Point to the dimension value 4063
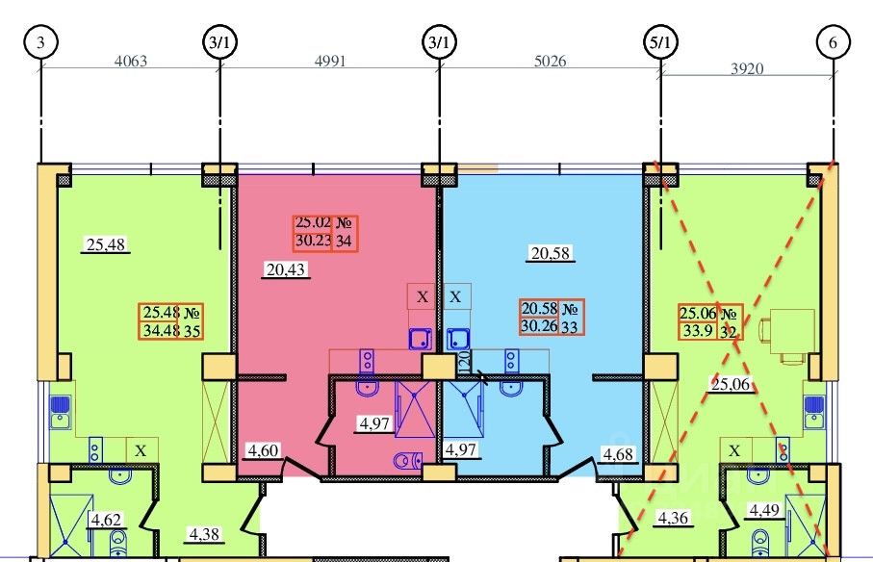(x=131, y=62)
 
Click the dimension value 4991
(x=329, y=62)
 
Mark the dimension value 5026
(x=550, y=62)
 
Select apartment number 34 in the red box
(x=343, y=242)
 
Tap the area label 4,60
(x=263, y=448)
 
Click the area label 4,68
(x=620, y=453)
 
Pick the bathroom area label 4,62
(x=106, y=521)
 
